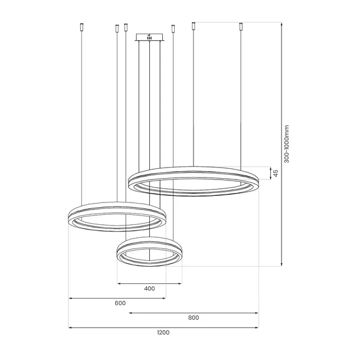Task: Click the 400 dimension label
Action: click(x=149, y=289)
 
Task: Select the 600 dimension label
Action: click(x=120, y=303)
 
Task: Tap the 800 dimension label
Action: click(x=193, y=318)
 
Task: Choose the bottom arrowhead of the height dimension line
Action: click(x=280, y=265)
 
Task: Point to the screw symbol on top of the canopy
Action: click(x=150, y=34)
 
